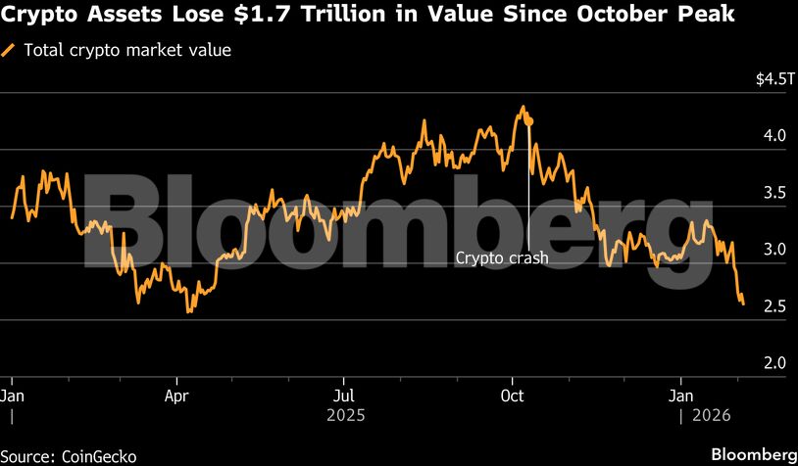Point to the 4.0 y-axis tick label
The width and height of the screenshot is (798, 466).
click(773, 136)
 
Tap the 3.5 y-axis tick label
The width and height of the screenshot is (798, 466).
click(773, 193)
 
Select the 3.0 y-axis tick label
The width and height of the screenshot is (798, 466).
click(773, 250)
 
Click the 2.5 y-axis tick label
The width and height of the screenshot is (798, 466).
click(773, 306)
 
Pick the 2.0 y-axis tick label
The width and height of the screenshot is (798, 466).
click(773, 363)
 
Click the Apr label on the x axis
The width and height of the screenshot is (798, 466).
click(177, 396)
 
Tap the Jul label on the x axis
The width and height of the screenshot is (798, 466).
click(343, 396)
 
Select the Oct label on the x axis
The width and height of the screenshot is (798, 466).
click(512, 396)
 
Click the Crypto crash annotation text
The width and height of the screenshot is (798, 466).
click(502, 259)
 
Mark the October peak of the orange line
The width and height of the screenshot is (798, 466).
click(524, 107)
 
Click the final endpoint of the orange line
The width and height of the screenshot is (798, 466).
click(743, 303)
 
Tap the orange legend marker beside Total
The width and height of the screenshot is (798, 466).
click(10, 50)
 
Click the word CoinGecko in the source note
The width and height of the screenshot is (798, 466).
click(97, 455)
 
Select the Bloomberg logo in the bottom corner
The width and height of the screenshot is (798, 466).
click(753, 454)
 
